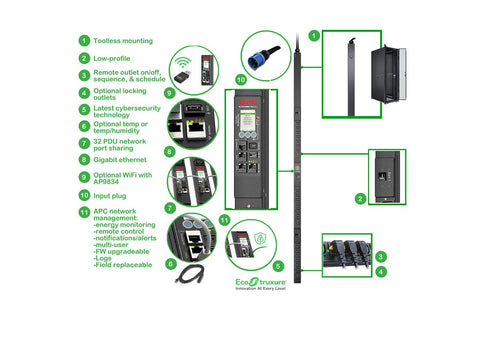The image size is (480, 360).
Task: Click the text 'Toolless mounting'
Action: (123, 41)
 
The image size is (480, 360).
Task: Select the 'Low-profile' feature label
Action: (114, 59)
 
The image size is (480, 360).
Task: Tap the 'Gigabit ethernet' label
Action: (124, 157)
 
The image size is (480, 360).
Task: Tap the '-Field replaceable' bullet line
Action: (123, 265)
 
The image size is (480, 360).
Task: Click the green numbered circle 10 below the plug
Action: (239, 79)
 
